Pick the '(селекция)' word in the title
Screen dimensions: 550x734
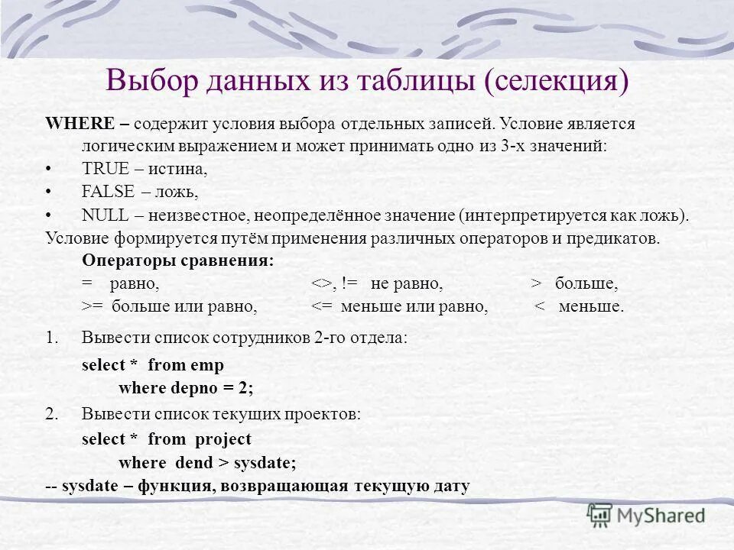point(557,79)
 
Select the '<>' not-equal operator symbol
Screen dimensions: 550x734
point(320,284)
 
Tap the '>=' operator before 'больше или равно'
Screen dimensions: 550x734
point(92,307)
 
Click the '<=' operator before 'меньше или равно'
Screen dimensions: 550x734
point(320,307)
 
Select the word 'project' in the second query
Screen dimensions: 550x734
point(222,439)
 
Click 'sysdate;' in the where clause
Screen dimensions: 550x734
point(265,462)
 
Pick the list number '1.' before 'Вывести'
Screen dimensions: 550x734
point(51,338)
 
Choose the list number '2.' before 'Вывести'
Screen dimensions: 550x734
point(51,415)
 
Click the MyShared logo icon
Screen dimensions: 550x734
point(600,516)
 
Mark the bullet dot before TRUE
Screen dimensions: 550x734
point(49,170)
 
